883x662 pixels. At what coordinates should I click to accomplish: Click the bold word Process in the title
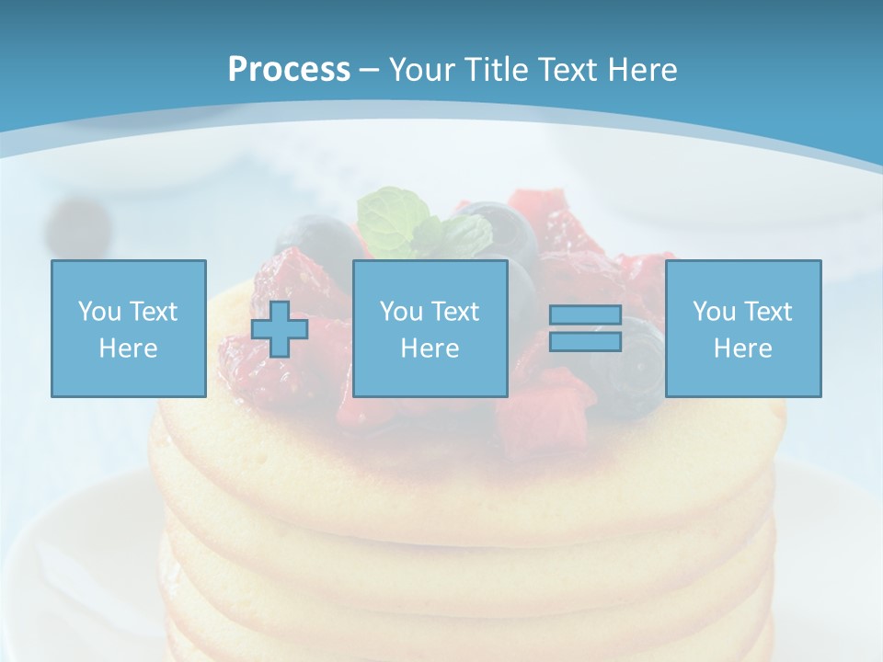(x=289, y=69)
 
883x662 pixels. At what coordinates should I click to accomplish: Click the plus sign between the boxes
(x=280, y=329)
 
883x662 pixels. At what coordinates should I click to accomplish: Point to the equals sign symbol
(x=585, y=328)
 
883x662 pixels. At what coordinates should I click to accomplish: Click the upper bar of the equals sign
(x=585, y=315)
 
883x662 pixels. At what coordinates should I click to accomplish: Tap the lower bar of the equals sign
(x=585, y=341)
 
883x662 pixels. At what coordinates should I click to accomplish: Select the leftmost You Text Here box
(x=128, y=328)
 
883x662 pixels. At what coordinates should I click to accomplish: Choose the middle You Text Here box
(x=430, y=328)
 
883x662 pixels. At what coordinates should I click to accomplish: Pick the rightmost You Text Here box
(x=742, y=328)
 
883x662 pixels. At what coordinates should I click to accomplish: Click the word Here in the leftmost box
(x=128, y=348)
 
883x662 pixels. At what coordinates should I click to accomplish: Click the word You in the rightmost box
(x=714, y=312)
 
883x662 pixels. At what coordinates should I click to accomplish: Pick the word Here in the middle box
(x=430, y=348)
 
